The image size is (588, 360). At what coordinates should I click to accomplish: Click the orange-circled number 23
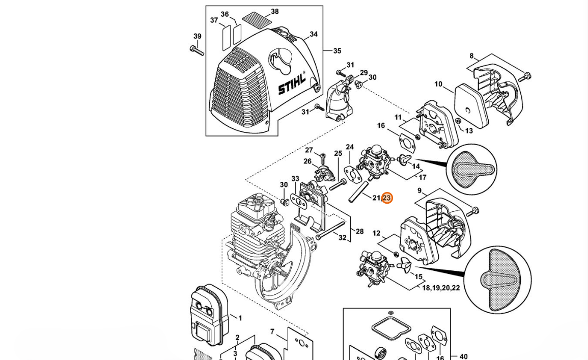coord(387,198)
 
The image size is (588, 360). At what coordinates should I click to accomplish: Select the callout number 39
coord(198,37)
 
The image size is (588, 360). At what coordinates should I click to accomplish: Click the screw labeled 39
coord(197,50)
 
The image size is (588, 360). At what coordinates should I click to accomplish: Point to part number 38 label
coord(275,12)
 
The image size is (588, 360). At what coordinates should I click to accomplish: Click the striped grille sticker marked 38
coord(261,21)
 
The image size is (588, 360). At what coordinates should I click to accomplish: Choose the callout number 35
coord(337,51)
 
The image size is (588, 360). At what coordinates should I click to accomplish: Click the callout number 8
coord(471,56)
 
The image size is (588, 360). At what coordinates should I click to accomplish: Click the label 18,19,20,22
coord(441,288)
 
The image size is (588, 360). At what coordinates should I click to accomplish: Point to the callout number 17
coord(422,178)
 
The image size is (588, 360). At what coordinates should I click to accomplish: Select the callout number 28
coord(359,232)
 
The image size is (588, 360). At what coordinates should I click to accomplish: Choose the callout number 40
coord(463,357)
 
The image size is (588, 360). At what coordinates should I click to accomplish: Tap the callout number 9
coord(419,191)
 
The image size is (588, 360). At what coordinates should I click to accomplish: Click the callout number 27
coord(309,150)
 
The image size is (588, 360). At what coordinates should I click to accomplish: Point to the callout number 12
coord(376,233)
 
